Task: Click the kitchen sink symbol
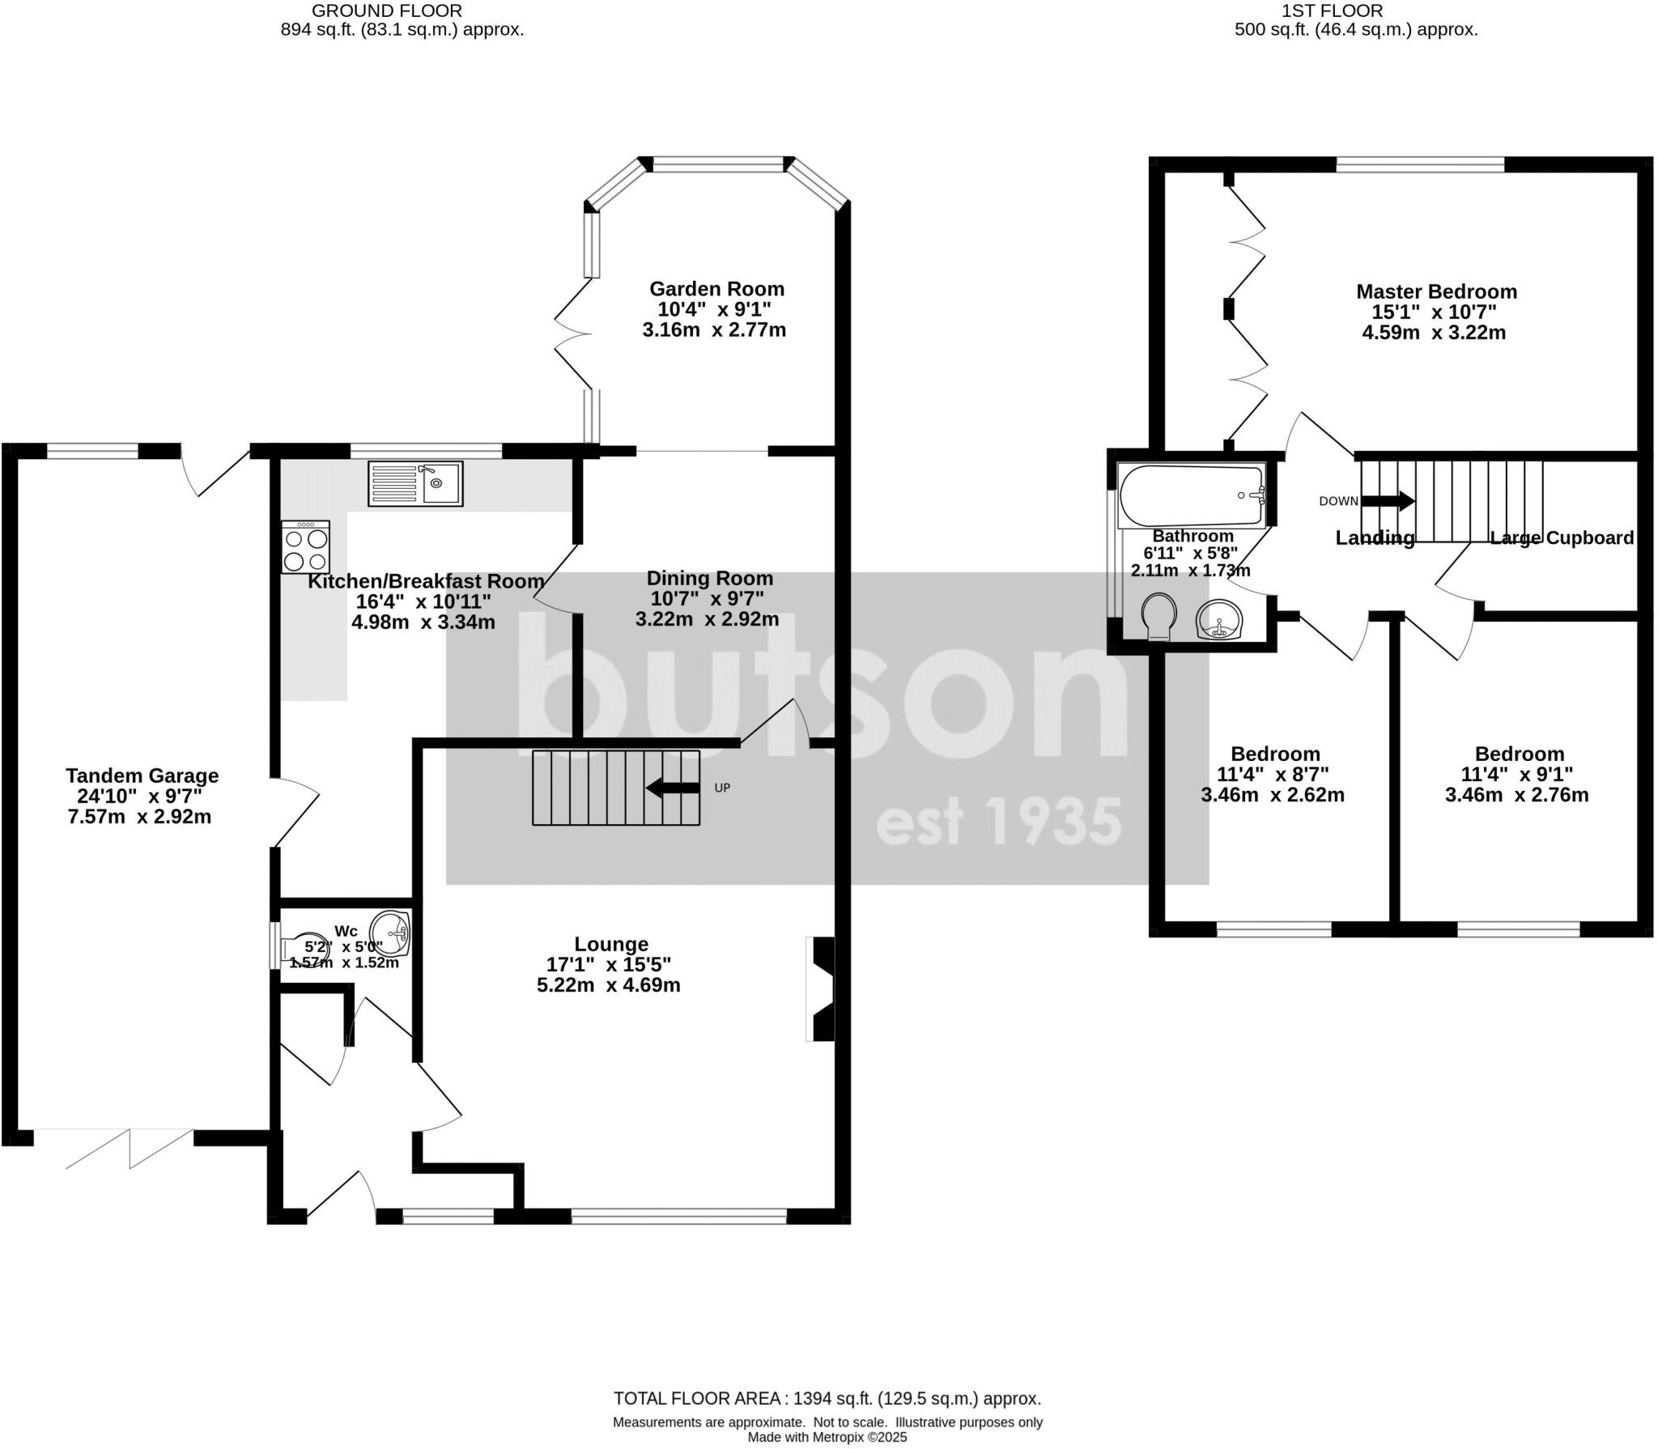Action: (415, 483)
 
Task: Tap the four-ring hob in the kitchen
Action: (306, 548)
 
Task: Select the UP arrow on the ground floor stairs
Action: (673, 788)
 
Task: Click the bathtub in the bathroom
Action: (1191, 495)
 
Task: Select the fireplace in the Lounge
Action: (822, 988)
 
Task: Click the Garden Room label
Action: (716, 289)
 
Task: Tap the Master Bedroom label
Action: (1436, 291)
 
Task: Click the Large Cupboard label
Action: (1562, 538)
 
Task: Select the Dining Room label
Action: (709, 579)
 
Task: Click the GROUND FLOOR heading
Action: (387, 11)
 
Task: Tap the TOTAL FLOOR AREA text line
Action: (827, 1398)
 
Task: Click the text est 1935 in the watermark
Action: (999, 823)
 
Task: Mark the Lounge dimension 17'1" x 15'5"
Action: (609, 965)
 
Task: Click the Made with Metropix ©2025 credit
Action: (827, 1438)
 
